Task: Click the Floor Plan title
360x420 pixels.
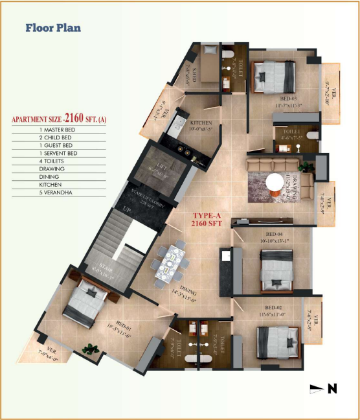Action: pyautogui.click(x=53, y=28)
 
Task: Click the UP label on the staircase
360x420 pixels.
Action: pyautogui.click(x=126, y=209)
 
